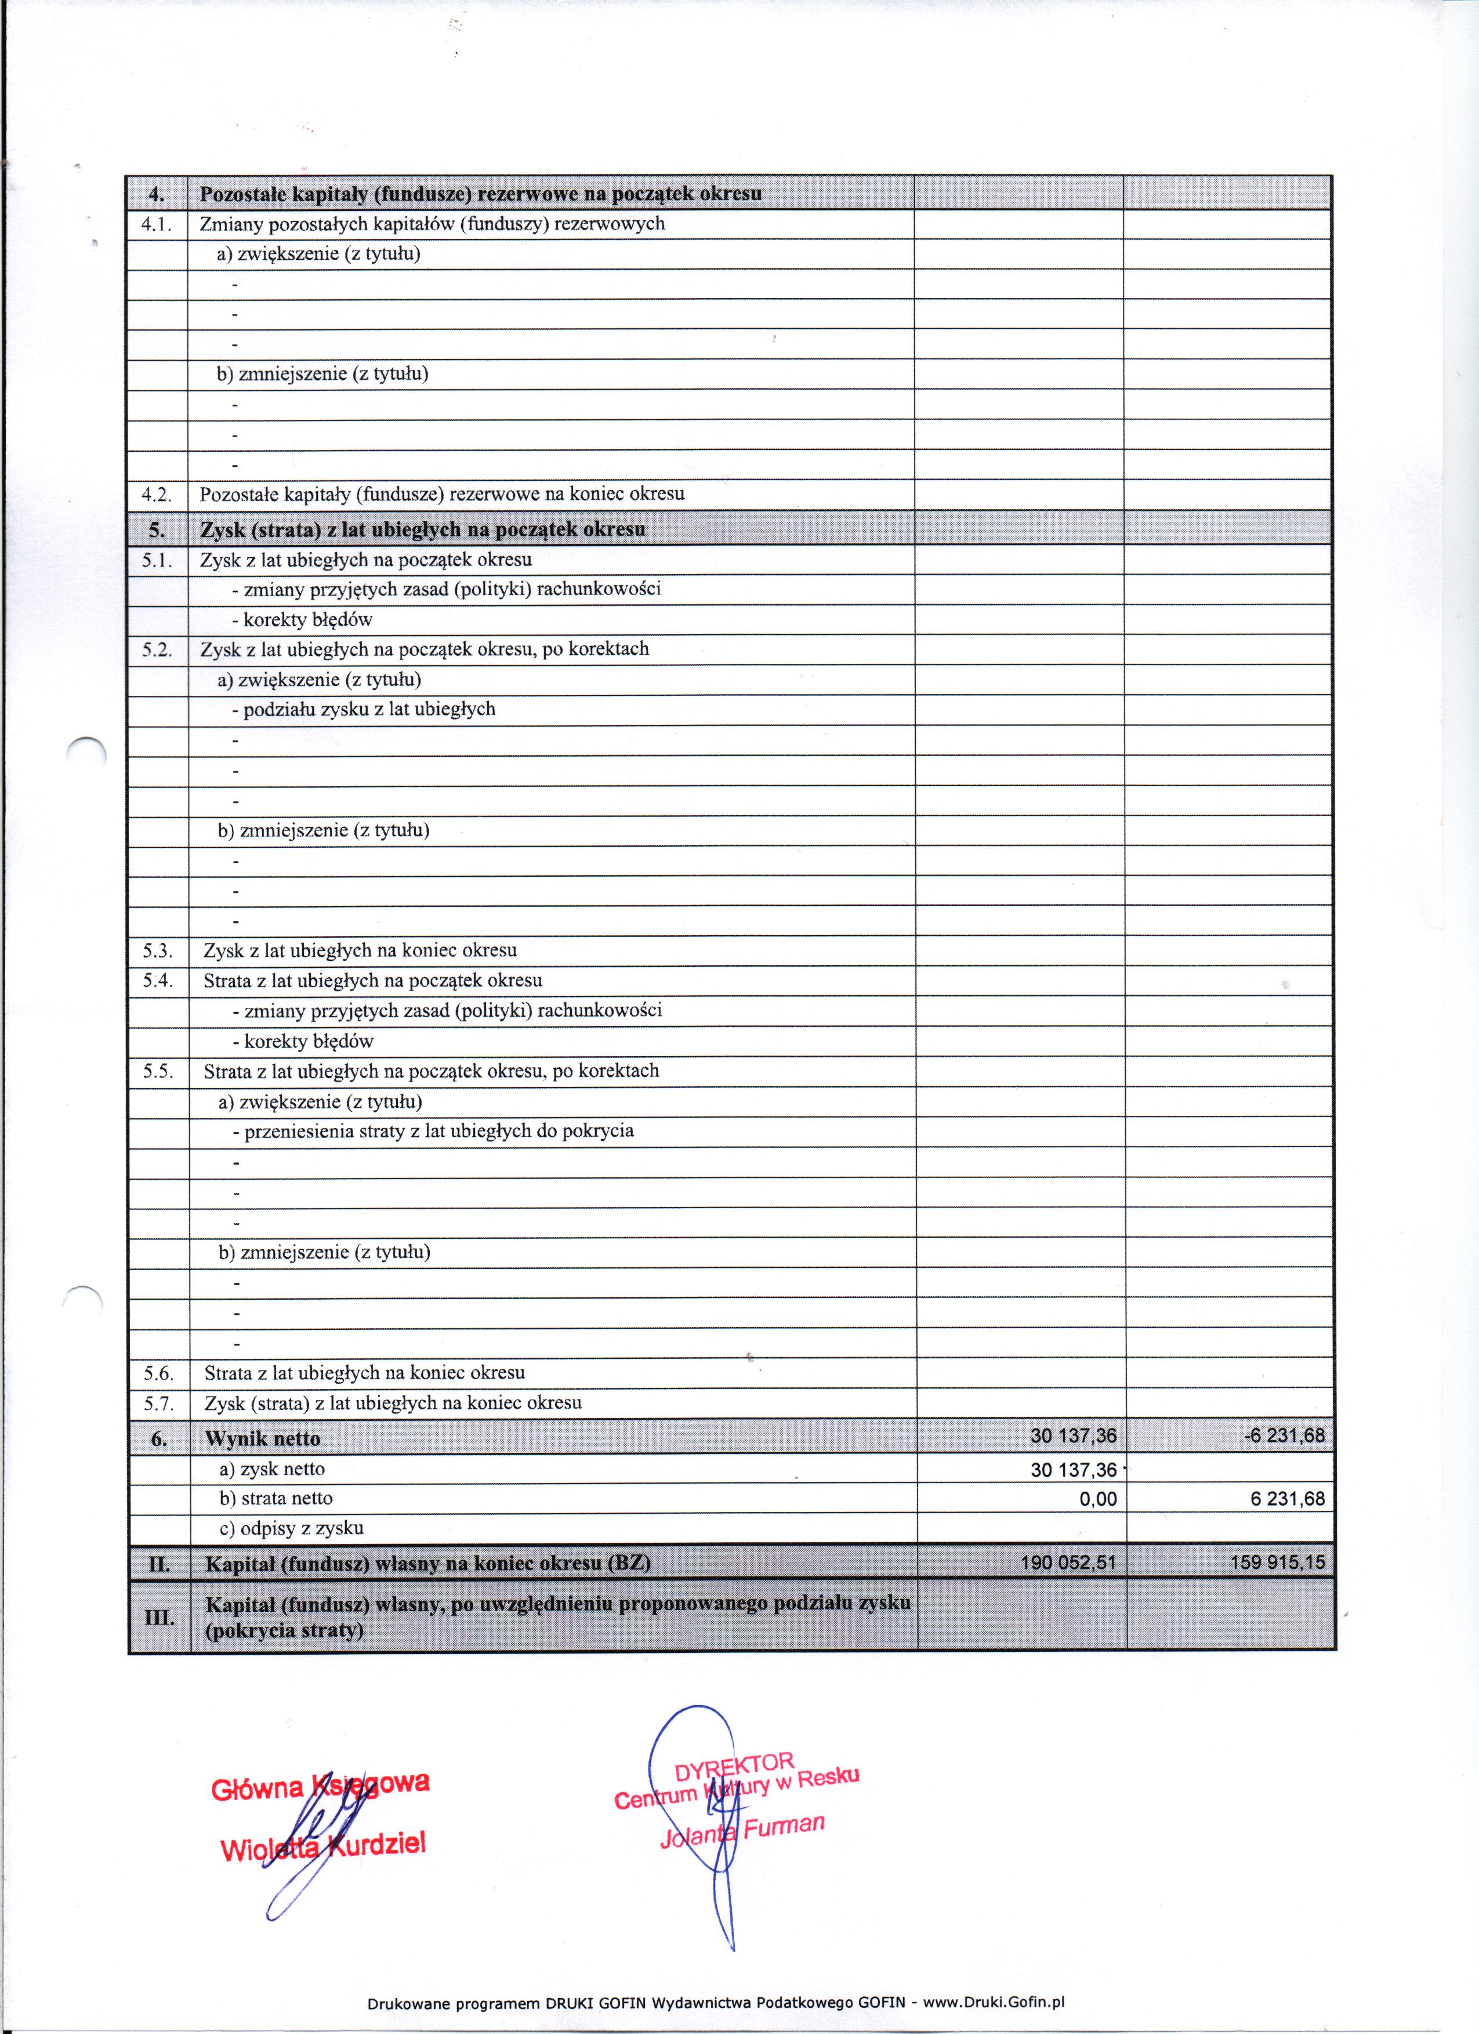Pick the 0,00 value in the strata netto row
(1098, 1499)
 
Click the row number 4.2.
(157, 494)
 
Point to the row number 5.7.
(159, 1404)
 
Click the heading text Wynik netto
(262, 1438)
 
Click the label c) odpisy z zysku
(292, 1528)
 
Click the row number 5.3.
(158, 951)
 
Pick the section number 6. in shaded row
(159, 1438)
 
